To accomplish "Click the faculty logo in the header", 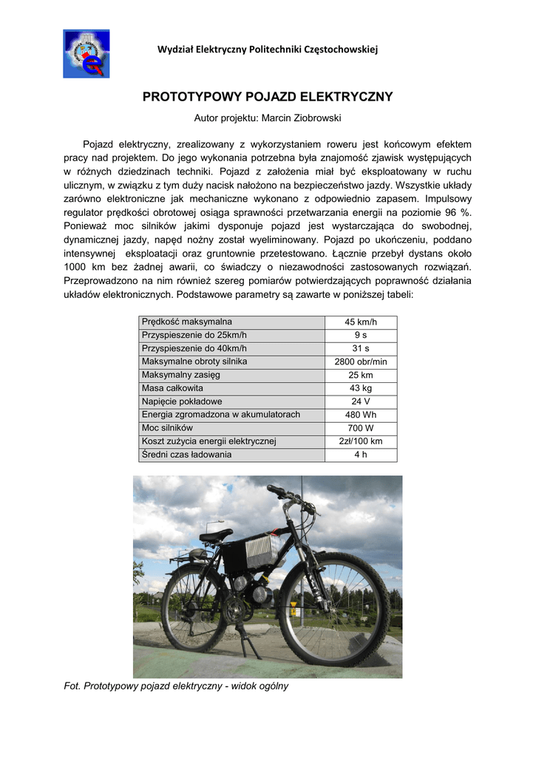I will pos(86,54).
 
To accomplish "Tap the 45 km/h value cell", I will pos(361,322).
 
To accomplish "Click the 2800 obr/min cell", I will pos(361,362).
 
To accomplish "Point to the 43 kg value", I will pos(361,389).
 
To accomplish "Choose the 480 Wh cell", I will pos(361,415).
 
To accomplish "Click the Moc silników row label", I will pos(167,428).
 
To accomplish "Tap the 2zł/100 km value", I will pos(361,442).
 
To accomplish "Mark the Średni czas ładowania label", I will pos(186,455).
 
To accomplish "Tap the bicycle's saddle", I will pos(215,534).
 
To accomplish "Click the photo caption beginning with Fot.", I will pos(177,686).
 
